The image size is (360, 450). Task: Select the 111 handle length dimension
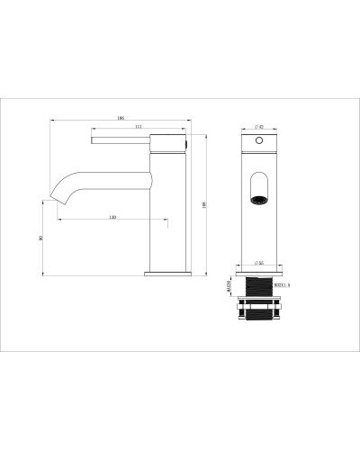tap(136, 127)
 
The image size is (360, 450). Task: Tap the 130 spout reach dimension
tap(112, 218)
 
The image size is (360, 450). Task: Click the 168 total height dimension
tap(206, 204)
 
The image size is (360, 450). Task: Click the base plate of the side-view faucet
tap(167, 271)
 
